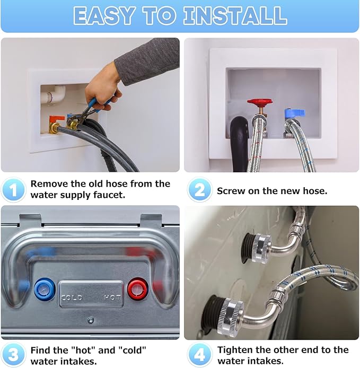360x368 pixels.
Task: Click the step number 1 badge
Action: (13, 190)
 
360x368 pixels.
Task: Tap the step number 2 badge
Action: (199, 190)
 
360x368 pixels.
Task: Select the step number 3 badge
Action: (13, 355)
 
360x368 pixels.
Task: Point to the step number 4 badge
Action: (199, 355)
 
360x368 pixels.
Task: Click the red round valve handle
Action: (260, 102)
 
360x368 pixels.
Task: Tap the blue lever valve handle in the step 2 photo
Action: (295, 113)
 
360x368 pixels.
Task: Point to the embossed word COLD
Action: (72, 298)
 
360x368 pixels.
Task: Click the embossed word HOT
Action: (112, 298)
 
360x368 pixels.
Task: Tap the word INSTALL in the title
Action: (235, 16)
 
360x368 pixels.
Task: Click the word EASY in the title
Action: (104, 16)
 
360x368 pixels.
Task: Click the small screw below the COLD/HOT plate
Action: (91, 320)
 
